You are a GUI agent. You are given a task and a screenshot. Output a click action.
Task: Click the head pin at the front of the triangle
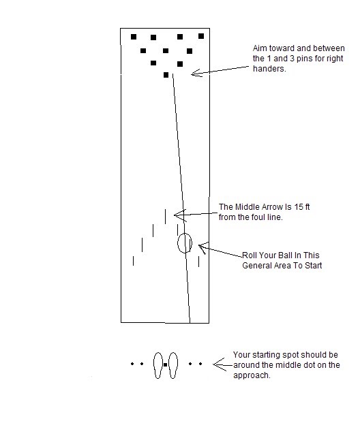click(166, 75)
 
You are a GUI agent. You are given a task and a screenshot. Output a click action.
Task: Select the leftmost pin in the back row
click(134, 36)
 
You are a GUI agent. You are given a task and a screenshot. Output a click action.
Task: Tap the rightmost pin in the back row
click(201, 36)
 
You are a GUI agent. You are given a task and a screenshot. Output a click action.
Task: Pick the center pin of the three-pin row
click(166, 50)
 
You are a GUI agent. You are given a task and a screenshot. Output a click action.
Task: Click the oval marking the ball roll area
click(185, 243)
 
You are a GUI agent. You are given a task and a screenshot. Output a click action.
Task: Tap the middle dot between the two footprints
click(166, 365)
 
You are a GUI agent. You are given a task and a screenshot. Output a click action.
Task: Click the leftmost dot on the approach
click(132, 364)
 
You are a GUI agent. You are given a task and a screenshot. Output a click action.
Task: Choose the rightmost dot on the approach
click(200, 364)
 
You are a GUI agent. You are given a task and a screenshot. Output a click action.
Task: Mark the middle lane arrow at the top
click(165, 216)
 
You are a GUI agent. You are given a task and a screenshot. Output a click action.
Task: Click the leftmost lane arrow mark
click(133, 260)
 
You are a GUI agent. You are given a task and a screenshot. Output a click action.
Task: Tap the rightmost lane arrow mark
click(198, 260)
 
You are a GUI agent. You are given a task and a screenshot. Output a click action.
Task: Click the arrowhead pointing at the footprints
click(216, 365)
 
